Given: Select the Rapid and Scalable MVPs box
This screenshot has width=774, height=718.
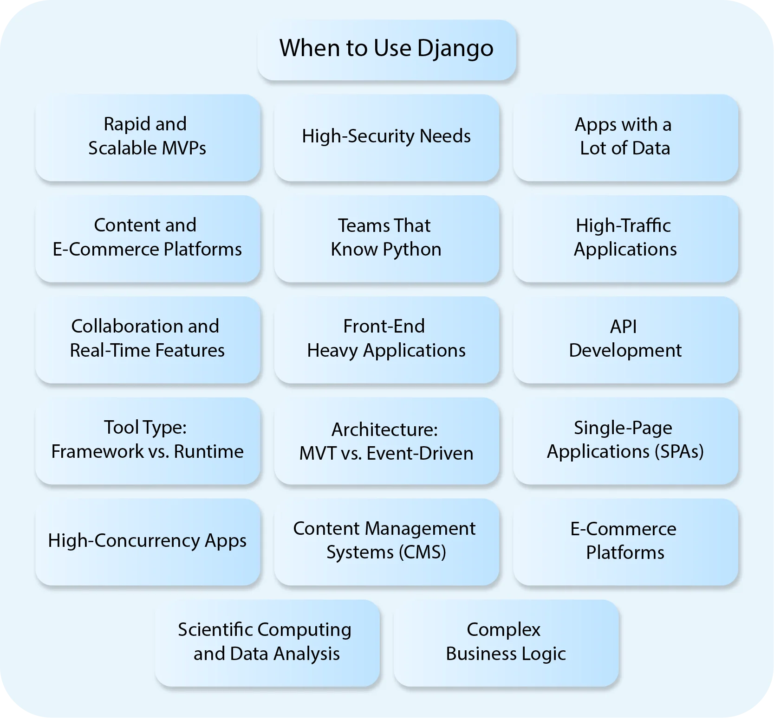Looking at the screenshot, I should (148, 137).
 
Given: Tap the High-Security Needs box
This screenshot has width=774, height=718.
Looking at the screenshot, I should (386, 137).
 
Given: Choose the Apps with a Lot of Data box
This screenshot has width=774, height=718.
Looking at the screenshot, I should (625, 137).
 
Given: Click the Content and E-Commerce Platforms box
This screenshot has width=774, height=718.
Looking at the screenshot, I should (148, 238).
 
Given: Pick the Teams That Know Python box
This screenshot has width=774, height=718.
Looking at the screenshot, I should (386, 238).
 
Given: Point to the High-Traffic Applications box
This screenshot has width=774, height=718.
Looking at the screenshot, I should (625, 238).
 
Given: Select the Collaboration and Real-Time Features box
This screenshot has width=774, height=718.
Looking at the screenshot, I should (148, 339).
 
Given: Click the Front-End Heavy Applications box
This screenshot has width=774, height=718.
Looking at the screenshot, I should (386, 339).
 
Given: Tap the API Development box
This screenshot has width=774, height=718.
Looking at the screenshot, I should (625, 339).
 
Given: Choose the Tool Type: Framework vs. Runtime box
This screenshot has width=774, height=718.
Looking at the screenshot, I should (148, 440).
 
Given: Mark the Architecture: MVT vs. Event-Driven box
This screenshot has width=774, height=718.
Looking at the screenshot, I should (386, 441).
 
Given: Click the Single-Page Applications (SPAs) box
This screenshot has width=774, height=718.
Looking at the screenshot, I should (625, 440).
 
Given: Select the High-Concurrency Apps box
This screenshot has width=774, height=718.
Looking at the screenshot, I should (148, 541).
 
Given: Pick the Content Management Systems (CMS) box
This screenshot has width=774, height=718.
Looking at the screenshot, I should (386, 541).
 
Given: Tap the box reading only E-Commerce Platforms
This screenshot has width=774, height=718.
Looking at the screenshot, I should (625, 541).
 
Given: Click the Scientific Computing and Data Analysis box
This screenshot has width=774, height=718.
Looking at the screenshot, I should (267, 642).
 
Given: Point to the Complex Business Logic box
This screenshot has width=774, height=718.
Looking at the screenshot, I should (506, 642).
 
